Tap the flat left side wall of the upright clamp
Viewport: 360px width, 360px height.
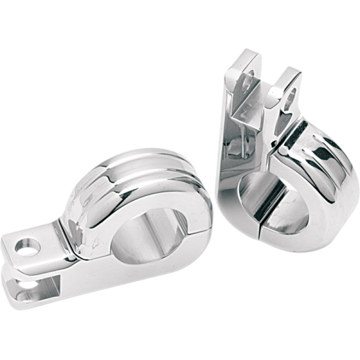click(x=228, y=150)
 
